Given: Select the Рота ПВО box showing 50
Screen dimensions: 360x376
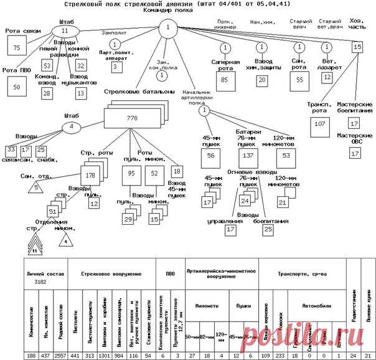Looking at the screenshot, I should point(17,87).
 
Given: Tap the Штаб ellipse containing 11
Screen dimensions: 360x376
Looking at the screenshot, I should point(64,31).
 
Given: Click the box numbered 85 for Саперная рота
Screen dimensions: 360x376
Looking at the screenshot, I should point(225,80).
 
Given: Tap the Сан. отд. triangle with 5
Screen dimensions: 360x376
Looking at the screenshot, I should point(37,186).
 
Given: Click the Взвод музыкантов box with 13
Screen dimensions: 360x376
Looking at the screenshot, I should point(80,93).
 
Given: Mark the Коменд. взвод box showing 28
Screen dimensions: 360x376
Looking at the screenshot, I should point(46,93).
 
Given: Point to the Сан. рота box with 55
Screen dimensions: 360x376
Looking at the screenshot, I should point(300,80).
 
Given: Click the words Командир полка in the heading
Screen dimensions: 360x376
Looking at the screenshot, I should point(167,11).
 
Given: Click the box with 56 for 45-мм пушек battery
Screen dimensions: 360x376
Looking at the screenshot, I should point(211,155).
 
